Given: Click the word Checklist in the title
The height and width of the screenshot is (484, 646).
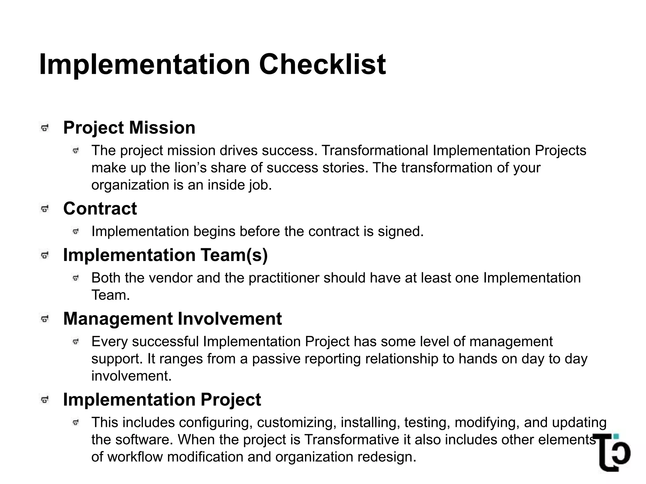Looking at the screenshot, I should pos(322,65).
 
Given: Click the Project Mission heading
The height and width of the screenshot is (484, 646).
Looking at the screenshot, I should pos(129,128).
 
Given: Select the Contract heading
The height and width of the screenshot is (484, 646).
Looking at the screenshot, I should pos(100,209).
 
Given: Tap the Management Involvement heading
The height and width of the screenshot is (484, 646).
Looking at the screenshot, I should pos(172,319).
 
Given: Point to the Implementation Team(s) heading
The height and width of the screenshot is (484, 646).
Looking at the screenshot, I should pos(165,255).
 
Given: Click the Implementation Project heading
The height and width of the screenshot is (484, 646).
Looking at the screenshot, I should pos(162,400).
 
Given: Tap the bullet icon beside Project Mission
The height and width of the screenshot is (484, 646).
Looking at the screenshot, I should pos(45,128).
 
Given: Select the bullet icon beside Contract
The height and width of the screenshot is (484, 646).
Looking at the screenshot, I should pos(45,209).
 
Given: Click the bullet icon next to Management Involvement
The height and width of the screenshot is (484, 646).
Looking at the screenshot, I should pos(45,319).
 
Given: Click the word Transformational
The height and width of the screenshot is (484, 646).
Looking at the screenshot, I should pos(375,151).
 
